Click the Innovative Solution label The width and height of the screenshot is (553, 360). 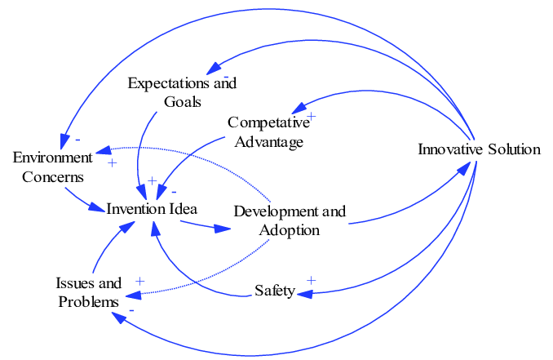(479, 149)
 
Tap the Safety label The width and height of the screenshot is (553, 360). (274, 291)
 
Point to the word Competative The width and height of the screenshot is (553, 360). (269, 122)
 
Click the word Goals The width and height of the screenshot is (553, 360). (182, 101)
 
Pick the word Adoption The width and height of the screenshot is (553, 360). (290, 229)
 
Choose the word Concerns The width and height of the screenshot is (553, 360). (53, 176)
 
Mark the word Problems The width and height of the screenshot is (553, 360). (88, 302)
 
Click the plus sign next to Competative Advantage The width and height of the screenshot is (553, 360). (311, 117)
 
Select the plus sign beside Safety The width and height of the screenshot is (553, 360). (310, 281)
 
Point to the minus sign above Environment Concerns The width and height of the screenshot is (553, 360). (77, 139)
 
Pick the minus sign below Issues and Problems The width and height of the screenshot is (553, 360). (131, 311)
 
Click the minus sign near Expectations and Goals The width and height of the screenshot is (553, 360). (225, 76)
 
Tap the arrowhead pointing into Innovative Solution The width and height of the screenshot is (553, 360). (466, 167)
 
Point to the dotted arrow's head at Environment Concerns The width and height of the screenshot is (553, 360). (101, 152)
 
